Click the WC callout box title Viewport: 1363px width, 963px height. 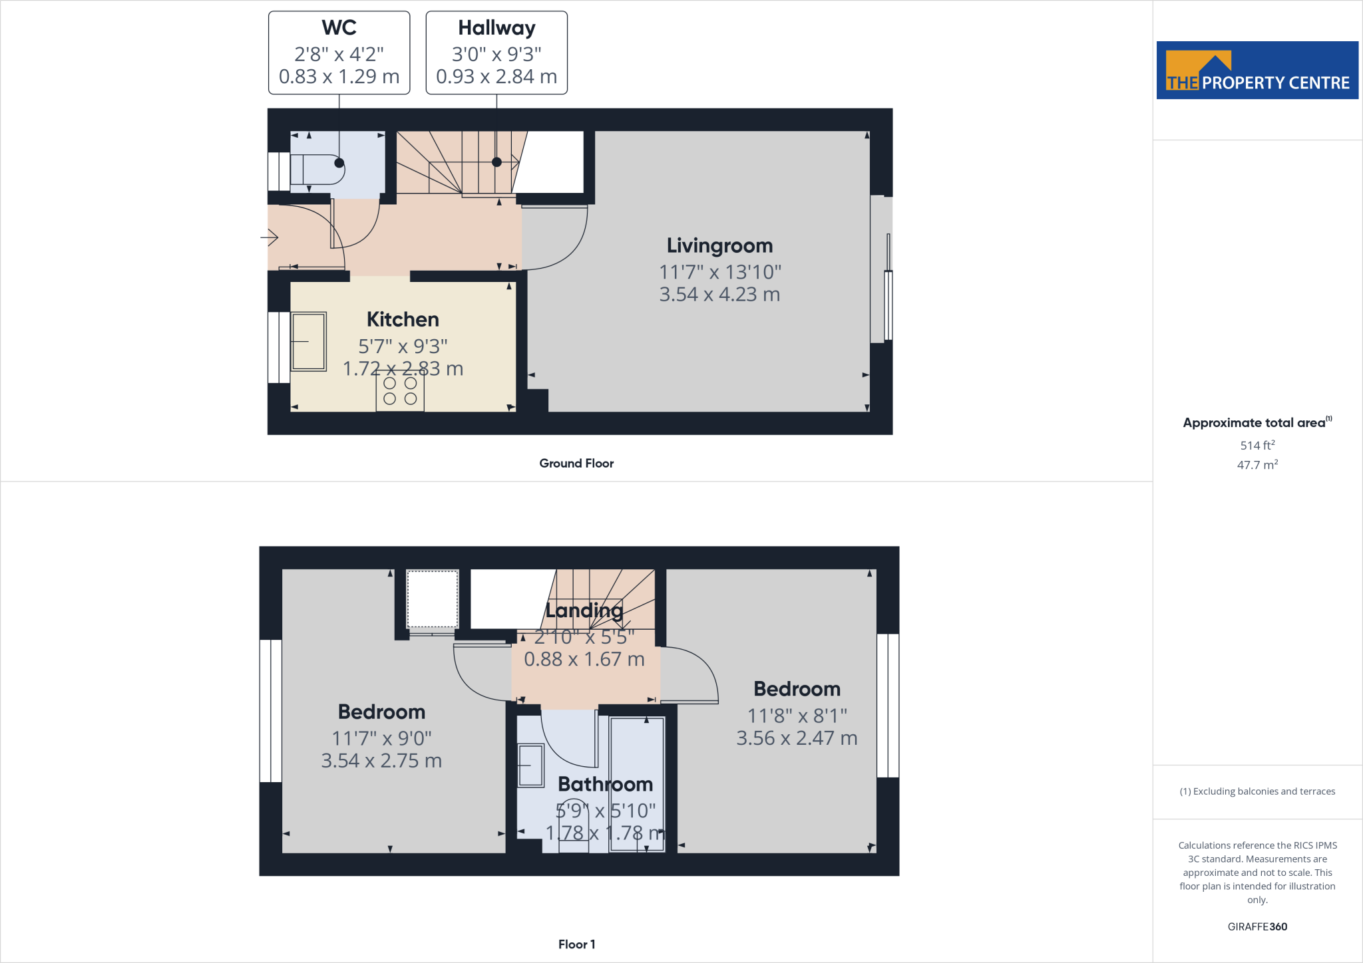point(339,28)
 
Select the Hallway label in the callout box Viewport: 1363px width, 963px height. point(496,28)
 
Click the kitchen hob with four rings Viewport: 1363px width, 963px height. point(400,391)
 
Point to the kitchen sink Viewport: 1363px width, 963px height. point(309,341)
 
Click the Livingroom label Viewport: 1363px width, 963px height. point(719,245)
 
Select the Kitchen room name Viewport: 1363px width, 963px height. point(403,319)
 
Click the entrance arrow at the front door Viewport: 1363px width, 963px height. point(270,237)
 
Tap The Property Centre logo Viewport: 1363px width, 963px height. point(1257,70)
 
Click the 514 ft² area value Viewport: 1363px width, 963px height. point(1257,445)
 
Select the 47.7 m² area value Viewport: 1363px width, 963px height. point(1257,465)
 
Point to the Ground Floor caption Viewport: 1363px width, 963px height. point(576,464)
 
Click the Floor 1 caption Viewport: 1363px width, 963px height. point(576,944)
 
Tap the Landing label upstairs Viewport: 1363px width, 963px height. point(584,610)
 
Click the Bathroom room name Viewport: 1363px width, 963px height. point(605,784)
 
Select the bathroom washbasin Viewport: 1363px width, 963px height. point(531,765)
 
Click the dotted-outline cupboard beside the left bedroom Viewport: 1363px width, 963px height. point(433,598)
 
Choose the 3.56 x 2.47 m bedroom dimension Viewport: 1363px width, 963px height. point(797,738)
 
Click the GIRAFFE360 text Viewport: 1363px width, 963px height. point(1257,926)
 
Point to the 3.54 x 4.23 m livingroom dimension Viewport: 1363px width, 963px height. point(719,294)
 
